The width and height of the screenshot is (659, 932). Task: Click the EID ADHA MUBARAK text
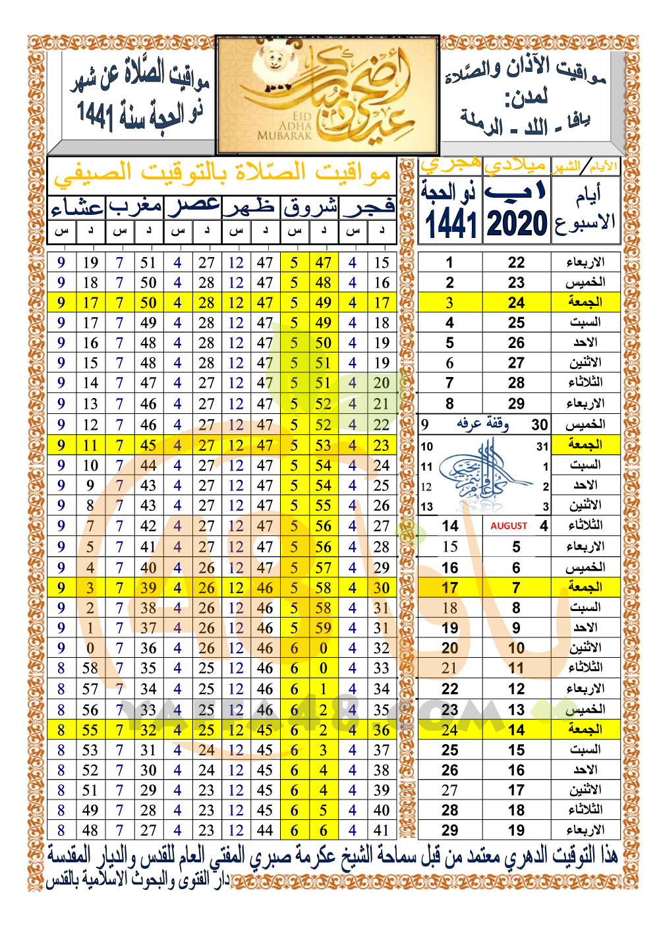(285, 126)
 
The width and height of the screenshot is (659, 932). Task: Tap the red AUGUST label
(509, 526)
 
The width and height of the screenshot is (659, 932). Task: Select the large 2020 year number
(517, 224)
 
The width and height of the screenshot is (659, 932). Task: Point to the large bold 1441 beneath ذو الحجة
(451, 224)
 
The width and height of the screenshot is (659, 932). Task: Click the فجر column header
(368, 208)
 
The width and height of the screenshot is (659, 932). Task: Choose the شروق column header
(310, 208)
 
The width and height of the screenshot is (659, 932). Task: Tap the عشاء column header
(77, 208)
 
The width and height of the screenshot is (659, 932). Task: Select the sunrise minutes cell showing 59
(323, 627)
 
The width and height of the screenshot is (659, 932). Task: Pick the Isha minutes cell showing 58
(90, 668)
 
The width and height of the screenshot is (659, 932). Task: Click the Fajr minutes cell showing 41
(381, 830)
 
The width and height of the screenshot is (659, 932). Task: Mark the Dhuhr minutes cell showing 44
(265, 830)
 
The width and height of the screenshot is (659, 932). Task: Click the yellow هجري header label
(451, 165)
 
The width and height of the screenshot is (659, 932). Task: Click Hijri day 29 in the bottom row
(450, 830)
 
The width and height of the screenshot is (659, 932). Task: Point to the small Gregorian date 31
(542, 446)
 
